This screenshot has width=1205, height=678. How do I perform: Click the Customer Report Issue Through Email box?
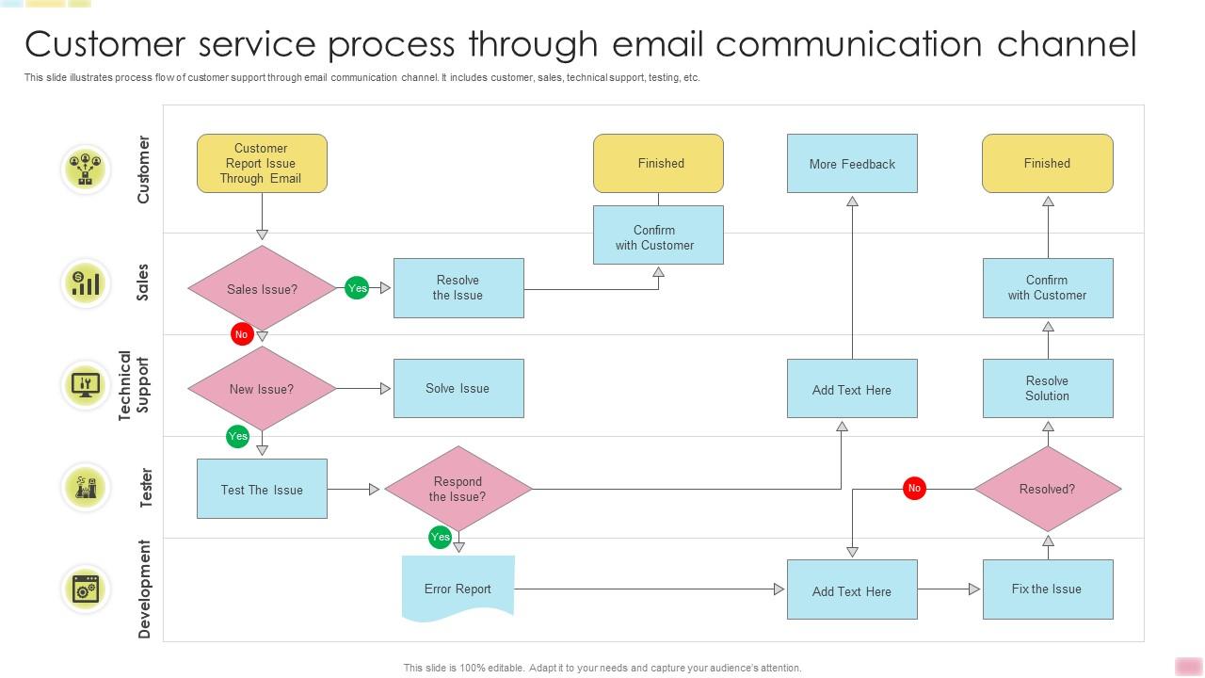(x=262, y=163)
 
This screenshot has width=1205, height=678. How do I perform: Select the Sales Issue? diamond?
(x=262, y=289)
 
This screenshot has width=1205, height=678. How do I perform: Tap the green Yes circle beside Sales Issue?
(x=357, y=288)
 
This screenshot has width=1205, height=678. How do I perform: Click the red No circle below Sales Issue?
(x=242, y=334)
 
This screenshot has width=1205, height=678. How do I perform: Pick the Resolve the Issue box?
(x=458, y=288)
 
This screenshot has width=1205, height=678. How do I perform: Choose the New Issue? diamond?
(x=262, y=389)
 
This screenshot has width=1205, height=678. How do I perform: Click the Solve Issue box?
(x=458, y=388)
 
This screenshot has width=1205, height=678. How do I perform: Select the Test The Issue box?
(x=262, y=489)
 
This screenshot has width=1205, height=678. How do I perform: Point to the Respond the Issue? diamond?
(x=458, y=489)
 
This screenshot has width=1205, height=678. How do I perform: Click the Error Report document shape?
(x=458, y=589)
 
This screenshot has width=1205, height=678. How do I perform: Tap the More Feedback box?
(x=852, y=164)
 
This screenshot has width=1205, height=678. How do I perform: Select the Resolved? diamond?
(x=1047, y=489)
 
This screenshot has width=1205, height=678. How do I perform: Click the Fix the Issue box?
(x=1048, y=589)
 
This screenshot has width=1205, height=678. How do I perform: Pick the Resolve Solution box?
(x=1048, y=388)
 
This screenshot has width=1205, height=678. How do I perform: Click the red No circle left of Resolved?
(x=913, y=488)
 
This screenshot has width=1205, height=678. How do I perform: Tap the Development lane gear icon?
(x=86, y=589)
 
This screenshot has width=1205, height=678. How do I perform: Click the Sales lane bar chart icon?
(x=86, y=282)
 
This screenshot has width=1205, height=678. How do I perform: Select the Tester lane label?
(x=145, y=488)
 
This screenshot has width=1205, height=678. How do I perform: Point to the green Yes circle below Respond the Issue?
(x=440, y=537)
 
